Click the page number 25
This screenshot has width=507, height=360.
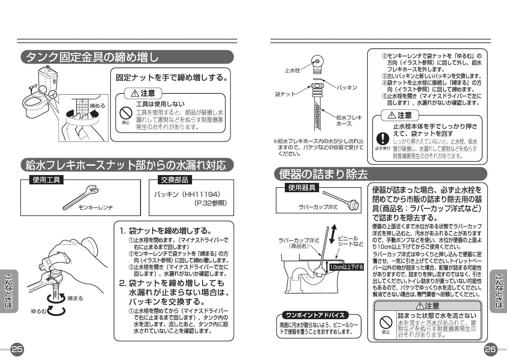tap(17, 349)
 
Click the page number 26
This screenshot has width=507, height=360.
tap(490, 349)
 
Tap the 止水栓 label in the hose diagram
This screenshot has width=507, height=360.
tap(292, 71)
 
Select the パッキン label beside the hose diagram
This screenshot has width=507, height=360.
tap(347, 88)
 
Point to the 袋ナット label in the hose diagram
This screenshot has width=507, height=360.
tap(285, 94)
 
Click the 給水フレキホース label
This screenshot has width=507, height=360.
tap(349, 120)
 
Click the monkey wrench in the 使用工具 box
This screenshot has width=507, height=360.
tap(81, 199)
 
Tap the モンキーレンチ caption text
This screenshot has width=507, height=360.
tap(95, 208)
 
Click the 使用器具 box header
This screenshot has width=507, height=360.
tap(302, 188)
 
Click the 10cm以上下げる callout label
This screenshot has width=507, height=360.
tap(346, 267)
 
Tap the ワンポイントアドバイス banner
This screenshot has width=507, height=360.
tap(315, 315)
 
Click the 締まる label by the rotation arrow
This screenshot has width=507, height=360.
tap(75, 298)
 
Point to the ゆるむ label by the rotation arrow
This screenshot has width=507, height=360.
tap(38, 311)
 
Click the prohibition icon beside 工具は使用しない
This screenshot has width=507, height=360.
tap(126, 113)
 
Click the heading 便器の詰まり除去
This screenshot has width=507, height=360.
tap(323, 174)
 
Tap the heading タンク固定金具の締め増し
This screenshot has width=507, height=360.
tap(92, 57)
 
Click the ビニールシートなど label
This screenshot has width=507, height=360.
tap(350, 241)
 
